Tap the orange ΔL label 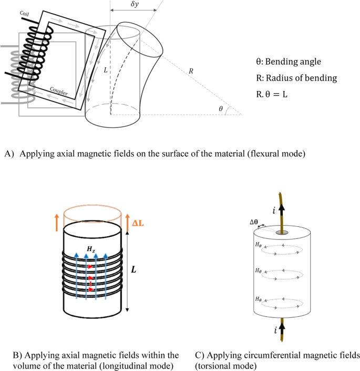138,223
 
